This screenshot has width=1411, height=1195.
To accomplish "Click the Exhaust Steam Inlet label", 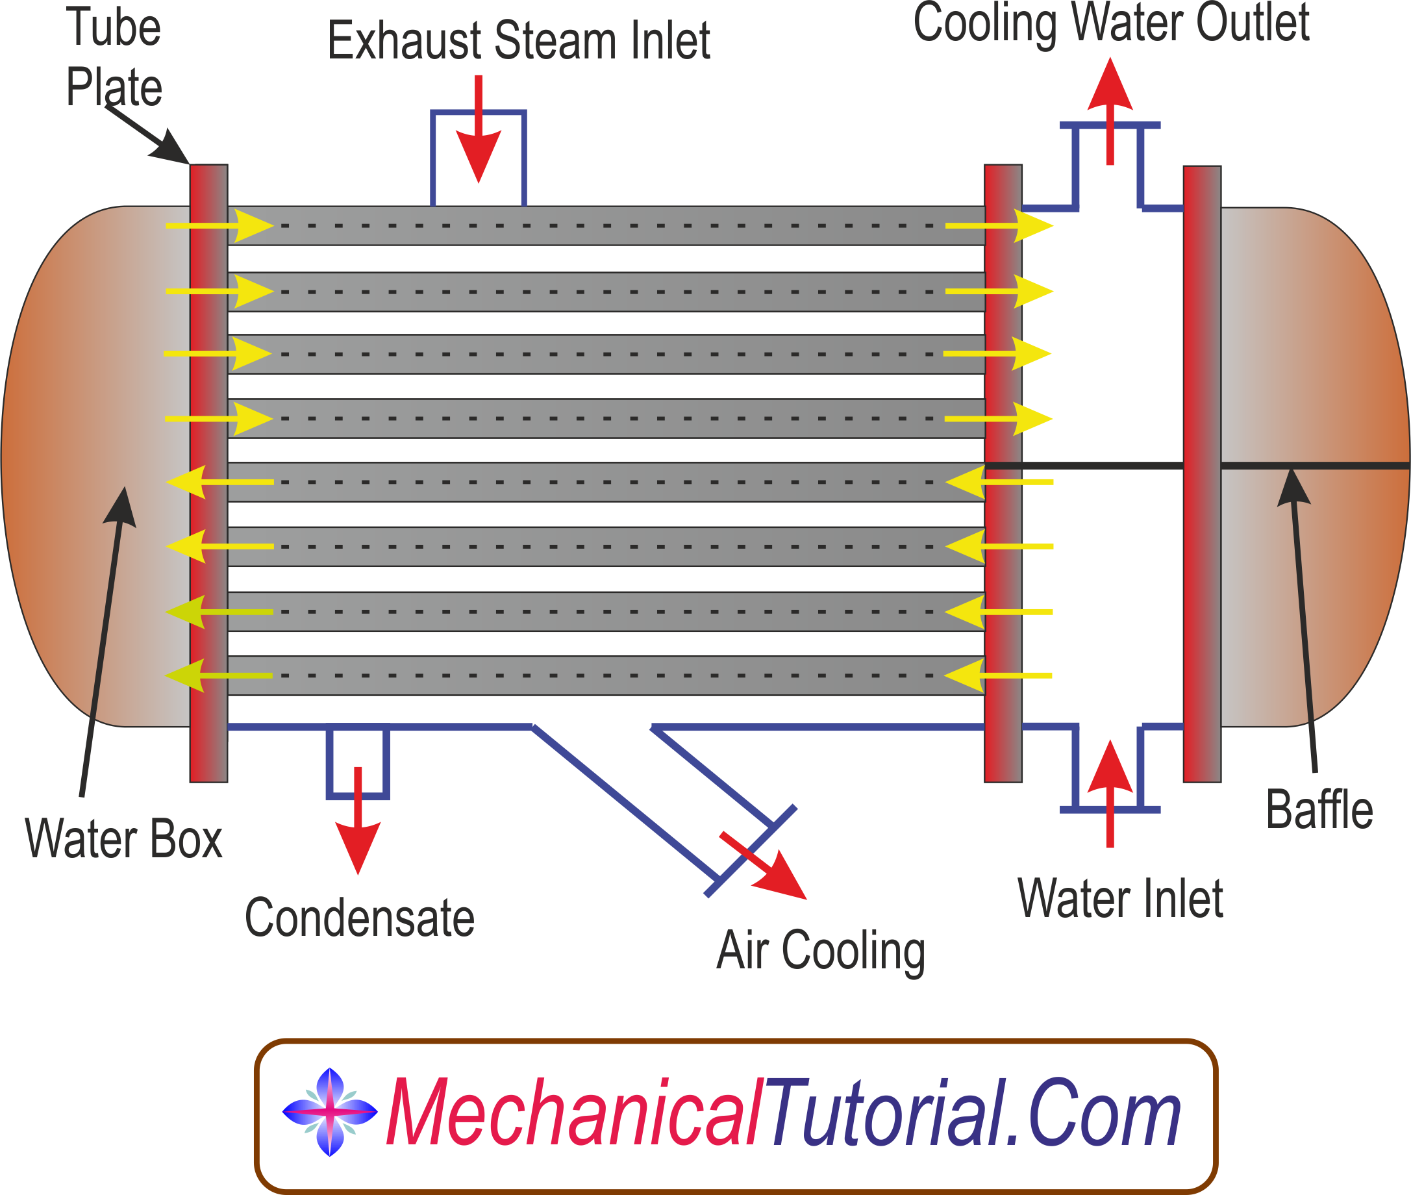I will (518, 41).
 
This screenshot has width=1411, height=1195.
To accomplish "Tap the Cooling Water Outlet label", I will (1111, 24).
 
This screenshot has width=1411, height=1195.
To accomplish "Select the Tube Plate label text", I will (114, 57).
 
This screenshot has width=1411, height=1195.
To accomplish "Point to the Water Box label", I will (124, 839).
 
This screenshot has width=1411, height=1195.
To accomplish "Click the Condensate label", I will (359, 918).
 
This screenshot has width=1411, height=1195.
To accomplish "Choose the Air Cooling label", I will (820, 950).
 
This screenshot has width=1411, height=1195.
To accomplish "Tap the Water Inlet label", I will (1119, 899).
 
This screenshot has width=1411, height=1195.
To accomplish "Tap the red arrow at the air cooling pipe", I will (766, 867).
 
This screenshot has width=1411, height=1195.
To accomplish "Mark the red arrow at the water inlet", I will (1110, 792).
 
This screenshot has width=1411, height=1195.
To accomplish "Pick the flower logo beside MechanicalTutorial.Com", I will (329, 1112).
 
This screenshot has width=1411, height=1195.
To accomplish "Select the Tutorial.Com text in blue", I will (974, 1113).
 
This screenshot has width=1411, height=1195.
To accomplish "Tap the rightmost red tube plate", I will (1202, 474).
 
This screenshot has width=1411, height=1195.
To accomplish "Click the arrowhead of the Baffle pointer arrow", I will (1293, 486).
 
